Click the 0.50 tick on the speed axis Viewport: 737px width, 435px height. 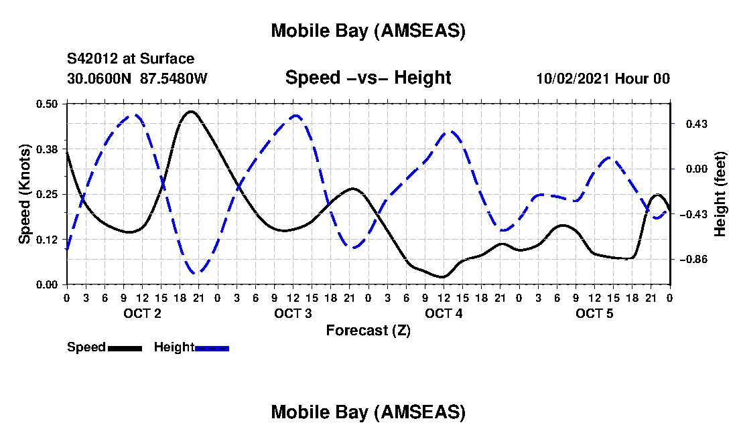[x=48, y=104]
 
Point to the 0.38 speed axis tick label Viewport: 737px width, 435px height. [x=48, y=149]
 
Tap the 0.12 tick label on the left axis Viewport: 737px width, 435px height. [x=48, y=239]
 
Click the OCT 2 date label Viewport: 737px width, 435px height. [x=142, y=314]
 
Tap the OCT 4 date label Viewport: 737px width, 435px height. [x=444, y=314]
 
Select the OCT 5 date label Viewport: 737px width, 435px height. [x=595, y=314]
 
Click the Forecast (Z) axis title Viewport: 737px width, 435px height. [x=368, y=330]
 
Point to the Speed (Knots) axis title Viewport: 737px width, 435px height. [x=25, y=193]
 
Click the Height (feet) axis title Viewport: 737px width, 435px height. [x=721, y=194]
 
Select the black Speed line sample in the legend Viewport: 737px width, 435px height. [x=125, y=348]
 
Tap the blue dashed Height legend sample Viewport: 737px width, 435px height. [x=212, y=348]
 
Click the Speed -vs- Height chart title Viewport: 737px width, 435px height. [x=368, y=78]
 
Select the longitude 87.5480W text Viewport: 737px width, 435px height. [x=174, y=79]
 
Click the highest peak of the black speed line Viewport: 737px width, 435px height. [x=191, y=111]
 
